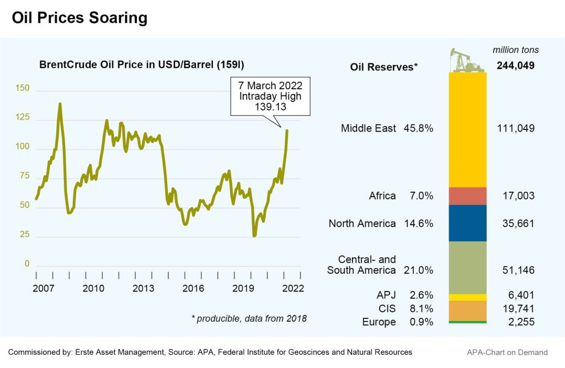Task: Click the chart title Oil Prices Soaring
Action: point(80,18)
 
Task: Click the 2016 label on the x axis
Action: point(194,288)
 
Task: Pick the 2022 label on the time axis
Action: point(292,288)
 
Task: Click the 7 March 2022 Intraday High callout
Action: point(270,96)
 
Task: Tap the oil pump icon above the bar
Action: point(467,60)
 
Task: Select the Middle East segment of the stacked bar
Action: point(468,130)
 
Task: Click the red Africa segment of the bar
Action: point(468,196)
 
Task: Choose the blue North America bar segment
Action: point(468,223)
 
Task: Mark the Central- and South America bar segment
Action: point(468,267)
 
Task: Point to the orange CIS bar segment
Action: point(468,310)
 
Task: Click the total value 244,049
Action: point(515,67)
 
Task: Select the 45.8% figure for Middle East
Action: point(419,128)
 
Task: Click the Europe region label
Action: point(379,322)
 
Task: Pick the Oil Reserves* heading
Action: point(384,67)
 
